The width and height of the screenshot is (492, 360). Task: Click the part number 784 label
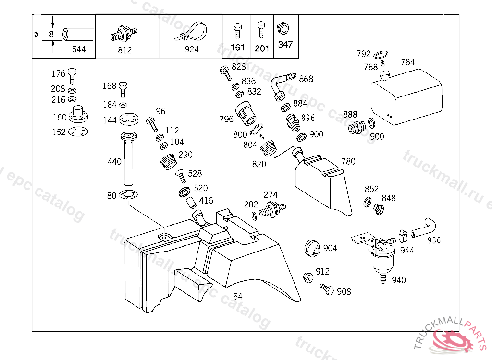coord(407,62)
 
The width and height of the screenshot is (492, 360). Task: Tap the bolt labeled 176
coord(72,76)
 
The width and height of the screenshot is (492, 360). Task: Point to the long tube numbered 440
coord(129,159)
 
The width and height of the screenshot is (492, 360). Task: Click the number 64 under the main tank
coord(237,296)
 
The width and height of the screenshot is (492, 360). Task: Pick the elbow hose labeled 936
coord(423,228)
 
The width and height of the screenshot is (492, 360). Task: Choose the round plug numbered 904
coord(311,248)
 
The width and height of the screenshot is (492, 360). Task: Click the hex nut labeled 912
coord(308,277)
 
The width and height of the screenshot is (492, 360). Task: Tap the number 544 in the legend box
coord(78,49)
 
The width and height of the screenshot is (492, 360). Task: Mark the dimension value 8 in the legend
coord(51,34)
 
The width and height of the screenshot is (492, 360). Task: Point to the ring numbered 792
coord(381,55)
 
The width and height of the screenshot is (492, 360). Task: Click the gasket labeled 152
coord(78,132)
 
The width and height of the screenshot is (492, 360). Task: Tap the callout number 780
coord(348,161)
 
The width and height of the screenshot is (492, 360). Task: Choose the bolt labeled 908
coord(327,289)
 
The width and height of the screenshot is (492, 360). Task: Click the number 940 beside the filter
coord(398,280)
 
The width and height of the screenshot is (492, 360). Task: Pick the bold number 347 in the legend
coord(285,44)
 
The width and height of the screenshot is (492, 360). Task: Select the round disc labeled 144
coord(129,119)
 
